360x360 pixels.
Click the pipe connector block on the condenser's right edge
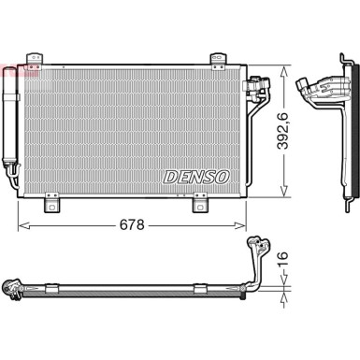252,88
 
